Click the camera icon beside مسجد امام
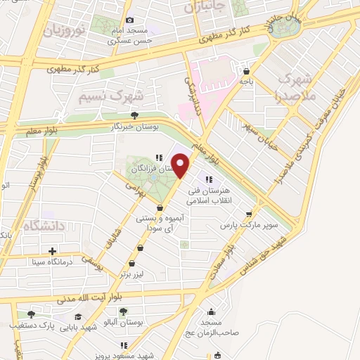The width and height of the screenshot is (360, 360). coord(129,20)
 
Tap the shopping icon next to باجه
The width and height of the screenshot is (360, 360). coord(247,70)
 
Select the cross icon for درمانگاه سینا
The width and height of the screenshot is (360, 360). coord(53,251)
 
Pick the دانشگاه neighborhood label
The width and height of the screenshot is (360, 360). coord(44,226)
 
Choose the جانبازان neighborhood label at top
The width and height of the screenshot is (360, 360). coord(205,8)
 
